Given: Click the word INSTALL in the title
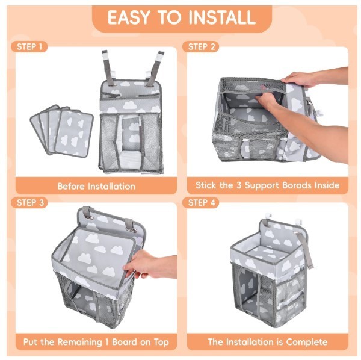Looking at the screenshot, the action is [x=222, y=17].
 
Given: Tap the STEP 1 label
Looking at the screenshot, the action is [x=29, y=47].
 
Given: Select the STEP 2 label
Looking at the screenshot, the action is [x=201, y=47].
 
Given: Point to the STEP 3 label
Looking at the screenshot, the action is [x=30, y=203].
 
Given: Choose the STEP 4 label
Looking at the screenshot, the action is [x=201, y=203].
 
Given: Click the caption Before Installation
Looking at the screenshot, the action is [x=96, y=186].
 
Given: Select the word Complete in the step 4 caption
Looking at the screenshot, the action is [x=307, y=342].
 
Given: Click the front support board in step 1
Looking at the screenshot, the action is [x=75, y=133].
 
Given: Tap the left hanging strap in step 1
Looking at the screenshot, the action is [x=108, y=68].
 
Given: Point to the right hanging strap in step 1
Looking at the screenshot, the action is [x=155, y=69].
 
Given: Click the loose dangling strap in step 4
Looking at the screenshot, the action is [x=307, y=250].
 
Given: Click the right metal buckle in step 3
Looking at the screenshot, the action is [x=131, y=230].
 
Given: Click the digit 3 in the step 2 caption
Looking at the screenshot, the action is [x=239, y=185].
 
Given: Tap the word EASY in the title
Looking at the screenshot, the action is [x=132, y=17].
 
